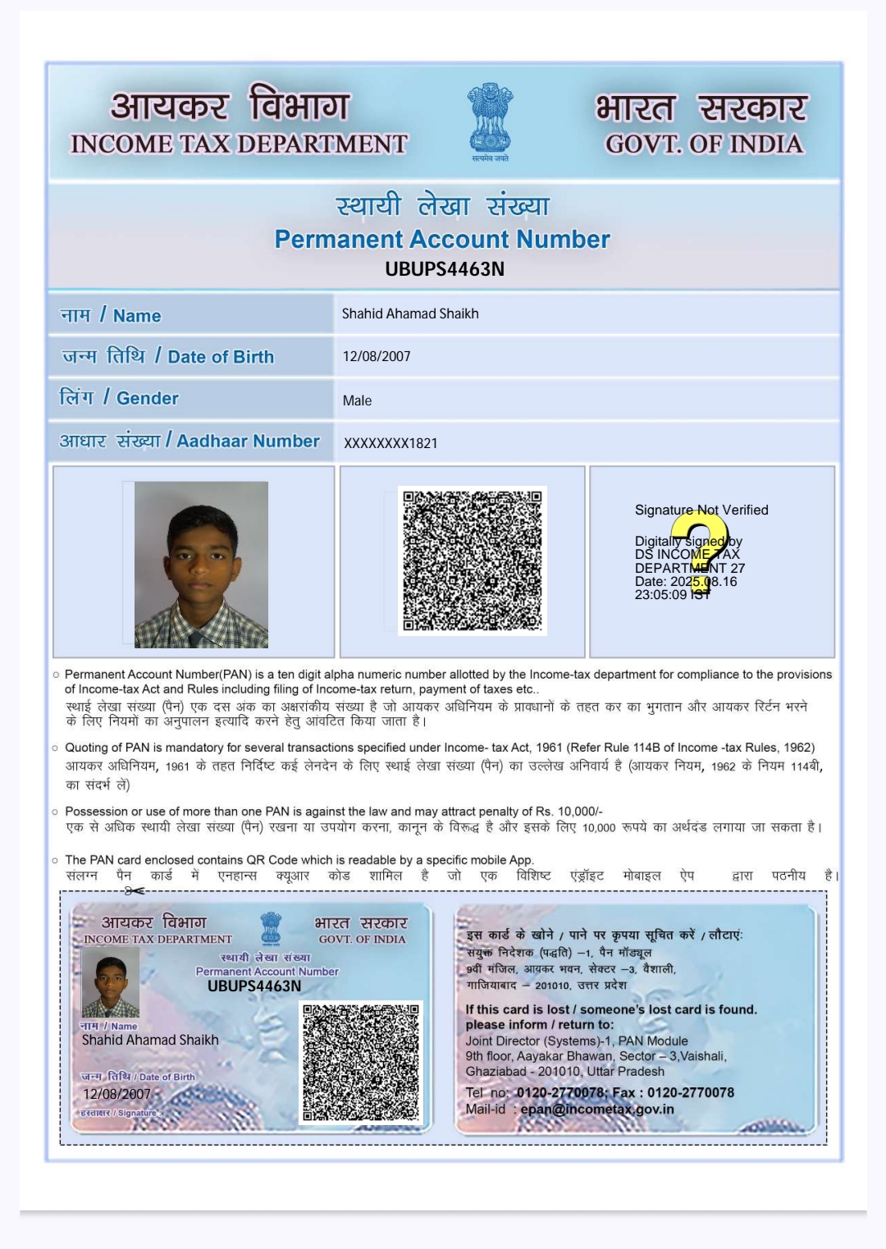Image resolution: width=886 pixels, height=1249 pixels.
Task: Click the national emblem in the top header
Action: (x=491, y=121)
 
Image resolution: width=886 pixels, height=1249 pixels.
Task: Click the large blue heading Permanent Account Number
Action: (x=442, y=239)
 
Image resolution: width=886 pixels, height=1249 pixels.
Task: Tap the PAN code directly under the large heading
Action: (x=445, y=269)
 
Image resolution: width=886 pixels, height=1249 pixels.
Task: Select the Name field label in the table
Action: (x=111, y=315)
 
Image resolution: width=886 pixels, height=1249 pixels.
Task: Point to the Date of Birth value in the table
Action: (x=377, y=356)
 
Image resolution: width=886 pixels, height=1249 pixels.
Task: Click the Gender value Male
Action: (x=357, y=400)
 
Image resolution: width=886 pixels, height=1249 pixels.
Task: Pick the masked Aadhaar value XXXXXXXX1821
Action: (x=390, y=443)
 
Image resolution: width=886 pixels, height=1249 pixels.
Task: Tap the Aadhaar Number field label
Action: (x=190, y=441)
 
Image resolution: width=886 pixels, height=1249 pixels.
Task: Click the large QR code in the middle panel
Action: (x=472, y=560)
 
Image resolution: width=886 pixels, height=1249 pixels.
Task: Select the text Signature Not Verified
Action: (x=701, y=510)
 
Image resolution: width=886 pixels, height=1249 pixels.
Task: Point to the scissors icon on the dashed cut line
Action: (x=135, y=890)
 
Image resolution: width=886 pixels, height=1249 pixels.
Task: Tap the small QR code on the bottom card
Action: (x=361, y=1062)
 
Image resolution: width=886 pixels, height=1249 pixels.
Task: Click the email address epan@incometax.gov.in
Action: (x=597, y=1109)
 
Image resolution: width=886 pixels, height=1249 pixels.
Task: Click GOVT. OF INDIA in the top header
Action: (x=704, y=144)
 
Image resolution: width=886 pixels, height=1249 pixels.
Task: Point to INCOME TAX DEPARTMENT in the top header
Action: (x=239, y=144)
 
